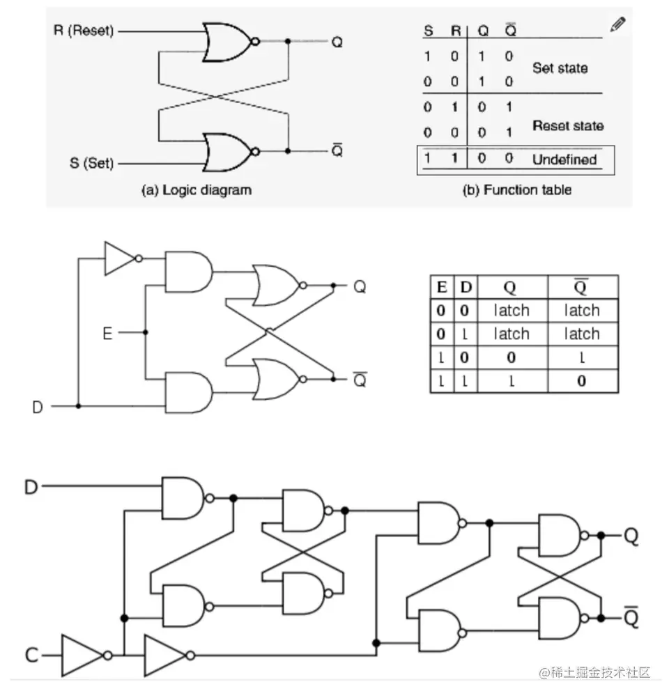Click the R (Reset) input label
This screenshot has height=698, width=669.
pos(84,31)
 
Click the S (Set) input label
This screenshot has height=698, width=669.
pos(91,164)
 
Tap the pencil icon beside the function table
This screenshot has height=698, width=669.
pos(617,24)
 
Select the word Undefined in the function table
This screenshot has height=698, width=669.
pos(564,160)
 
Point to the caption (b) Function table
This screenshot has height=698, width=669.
pos(516,189)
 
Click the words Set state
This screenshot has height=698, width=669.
pos(560,68)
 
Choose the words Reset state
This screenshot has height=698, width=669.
pos(567,126)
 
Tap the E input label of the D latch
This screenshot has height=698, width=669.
pos(107,334)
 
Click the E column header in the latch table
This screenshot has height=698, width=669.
pos(441,286)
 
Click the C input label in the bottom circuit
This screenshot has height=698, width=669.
pos(31,656)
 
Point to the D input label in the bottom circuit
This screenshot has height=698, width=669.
pos(31,487)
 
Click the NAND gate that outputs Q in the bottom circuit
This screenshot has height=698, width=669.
pos(561,536)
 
